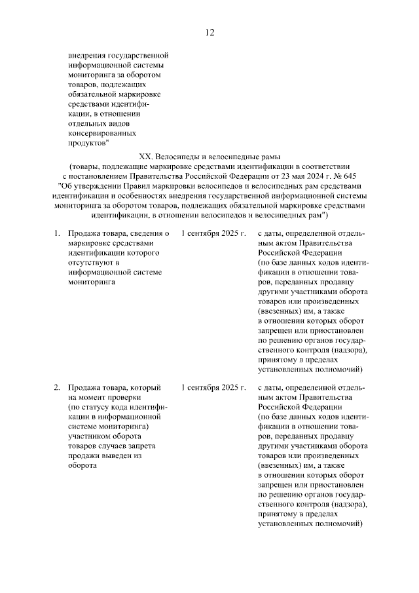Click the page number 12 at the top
(x=209, y=33)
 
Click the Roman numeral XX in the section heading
(x=146, y=157)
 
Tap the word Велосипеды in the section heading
(x=179, y=157)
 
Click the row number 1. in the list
(x=57, y=233)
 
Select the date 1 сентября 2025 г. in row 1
(x=213, y=233)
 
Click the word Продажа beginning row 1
(x=84, y=233)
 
